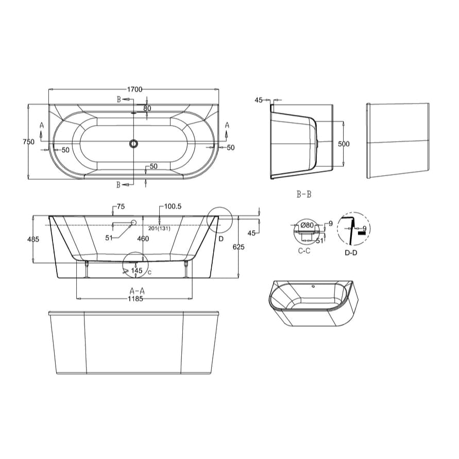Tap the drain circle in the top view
pos(134,144)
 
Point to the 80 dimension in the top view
pos(147,108)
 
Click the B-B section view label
pos(304,194)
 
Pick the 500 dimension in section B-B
pos(343,144)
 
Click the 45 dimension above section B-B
pos(259,100)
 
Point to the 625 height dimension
pos(239,247)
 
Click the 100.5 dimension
pos(173,207)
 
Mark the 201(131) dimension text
pos(159,228)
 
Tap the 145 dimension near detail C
pos(137,270)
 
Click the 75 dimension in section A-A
pos(121,207)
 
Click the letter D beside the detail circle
pos(220,239)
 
